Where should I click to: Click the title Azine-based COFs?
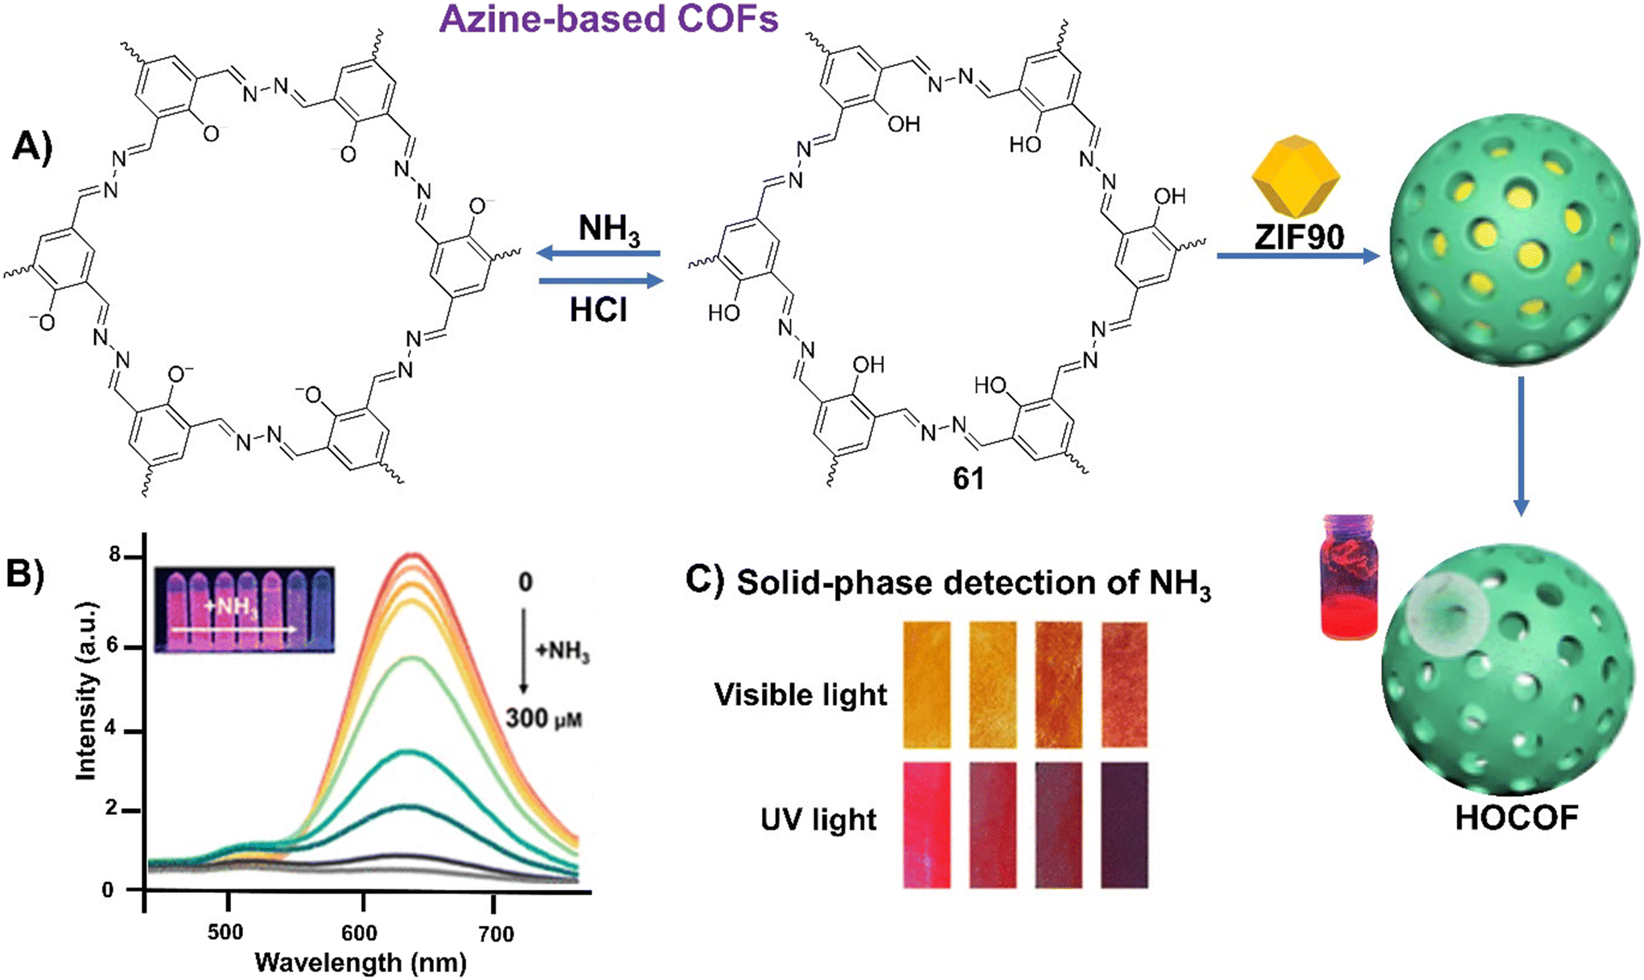pos(609,19)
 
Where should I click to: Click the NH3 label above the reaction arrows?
pos(609,230)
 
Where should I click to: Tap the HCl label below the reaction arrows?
pos(598,310)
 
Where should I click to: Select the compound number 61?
pos(968,479)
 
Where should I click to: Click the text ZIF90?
pos(1299,237)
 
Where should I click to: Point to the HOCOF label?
pos(1516,817)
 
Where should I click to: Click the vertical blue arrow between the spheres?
pos(1520,447)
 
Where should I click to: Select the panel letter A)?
pos(33,150)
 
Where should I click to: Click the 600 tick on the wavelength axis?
pos(359,933)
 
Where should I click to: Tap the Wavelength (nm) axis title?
pos(361,963)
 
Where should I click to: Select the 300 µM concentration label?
pos(543,718)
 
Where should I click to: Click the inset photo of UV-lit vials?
pos(244,609)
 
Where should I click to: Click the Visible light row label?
pos(800,694)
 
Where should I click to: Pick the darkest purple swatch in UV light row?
pos(1124,826)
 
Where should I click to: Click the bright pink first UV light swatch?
pos(926,826)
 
